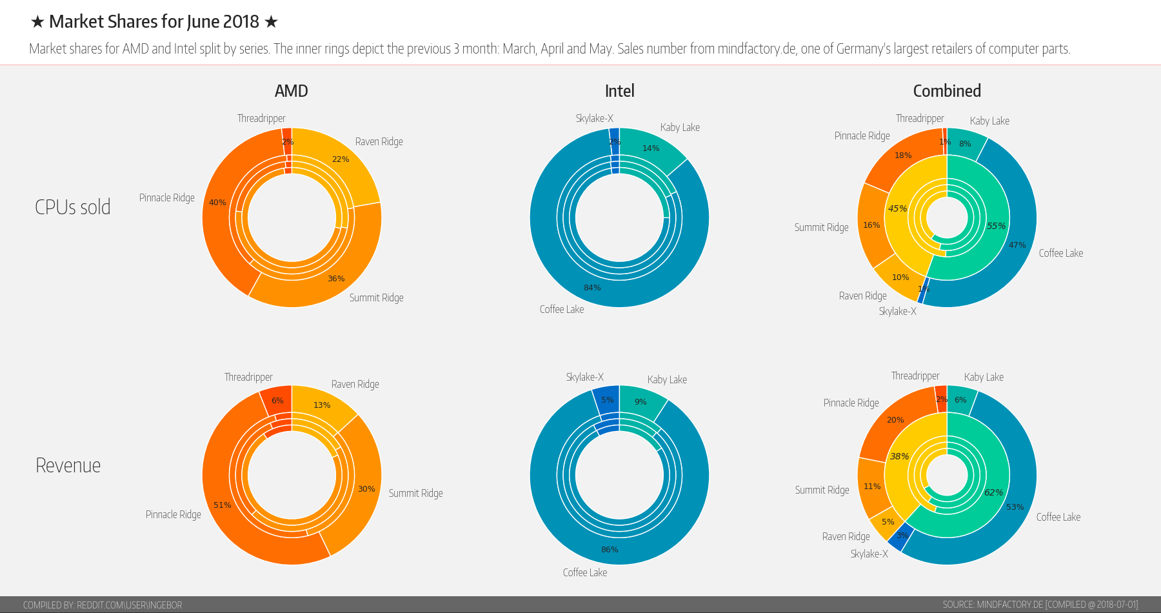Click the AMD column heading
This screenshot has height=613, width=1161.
point(291,91)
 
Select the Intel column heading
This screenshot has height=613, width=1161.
point(619,91)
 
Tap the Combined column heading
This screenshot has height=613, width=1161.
point(947,91)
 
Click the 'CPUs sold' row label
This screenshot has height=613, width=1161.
point(73,207)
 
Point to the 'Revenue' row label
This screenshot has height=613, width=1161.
point(68,465)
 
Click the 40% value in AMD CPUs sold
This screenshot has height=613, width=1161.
point(217,203)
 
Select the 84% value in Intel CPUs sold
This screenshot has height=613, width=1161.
point(592,288)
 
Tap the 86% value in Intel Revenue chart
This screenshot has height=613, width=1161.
point(610,550)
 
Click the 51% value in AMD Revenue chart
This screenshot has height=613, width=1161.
point(223,505)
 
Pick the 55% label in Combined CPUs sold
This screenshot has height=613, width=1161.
point(996,226)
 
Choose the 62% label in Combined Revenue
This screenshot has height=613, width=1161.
point(993,492)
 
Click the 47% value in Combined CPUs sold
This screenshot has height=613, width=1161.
point(1017,245)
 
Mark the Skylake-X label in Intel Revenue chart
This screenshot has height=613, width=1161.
point(585,377)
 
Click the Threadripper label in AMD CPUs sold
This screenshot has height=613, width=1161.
point(261,118)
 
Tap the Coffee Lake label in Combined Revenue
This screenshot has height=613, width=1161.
point(1058,517)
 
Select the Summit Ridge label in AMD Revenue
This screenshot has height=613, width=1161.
point(415,493)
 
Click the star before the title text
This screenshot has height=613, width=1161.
point(37,22)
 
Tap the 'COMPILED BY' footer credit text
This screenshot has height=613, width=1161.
point(103,605)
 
